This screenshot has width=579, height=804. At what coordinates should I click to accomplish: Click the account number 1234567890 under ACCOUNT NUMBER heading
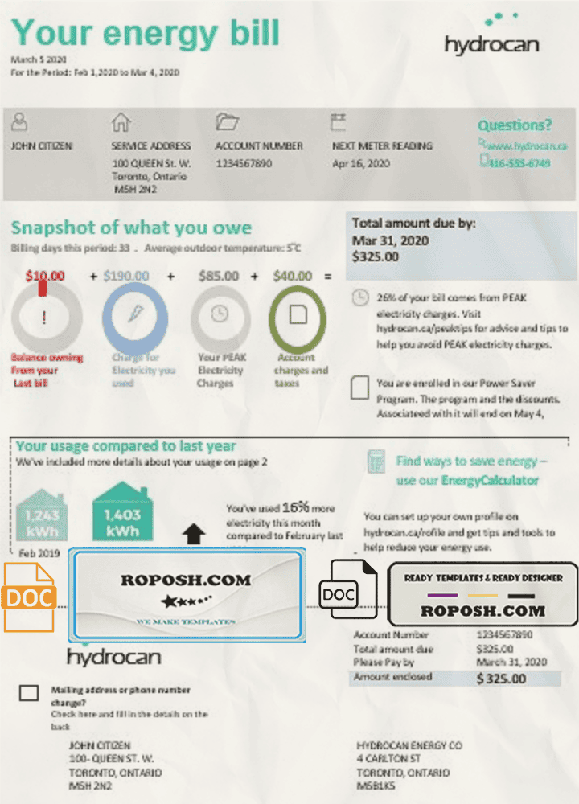click(244, 163)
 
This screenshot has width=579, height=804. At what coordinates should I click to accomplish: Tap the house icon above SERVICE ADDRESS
click(121, 122)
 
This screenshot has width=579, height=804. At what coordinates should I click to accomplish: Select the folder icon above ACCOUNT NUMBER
click(227, 122)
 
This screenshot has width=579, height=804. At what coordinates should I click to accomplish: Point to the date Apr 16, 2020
click(360, 163)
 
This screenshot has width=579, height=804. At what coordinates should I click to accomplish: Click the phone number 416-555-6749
click(519, 163)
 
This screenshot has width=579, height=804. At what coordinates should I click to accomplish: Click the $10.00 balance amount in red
click(44, 276)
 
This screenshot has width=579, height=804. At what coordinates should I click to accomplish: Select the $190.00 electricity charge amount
click(126, 276)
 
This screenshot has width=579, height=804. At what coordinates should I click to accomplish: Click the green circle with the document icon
click(298, 315)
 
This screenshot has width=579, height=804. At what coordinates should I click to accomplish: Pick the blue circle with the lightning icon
click(134, 315)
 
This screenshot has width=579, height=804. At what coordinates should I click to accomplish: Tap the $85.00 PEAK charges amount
click(219, 276)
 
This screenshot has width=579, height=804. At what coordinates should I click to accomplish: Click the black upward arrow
click(195, 534)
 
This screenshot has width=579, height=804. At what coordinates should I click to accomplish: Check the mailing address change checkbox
click(29, 693)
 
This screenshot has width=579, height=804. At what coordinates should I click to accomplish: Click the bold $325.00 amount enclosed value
click(501, 679)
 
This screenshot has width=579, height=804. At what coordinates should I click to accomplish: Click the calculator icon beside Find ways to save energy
click(375, 462)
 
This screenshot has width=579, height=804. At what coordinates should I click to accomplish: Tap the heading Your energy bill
click(146, 33)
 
